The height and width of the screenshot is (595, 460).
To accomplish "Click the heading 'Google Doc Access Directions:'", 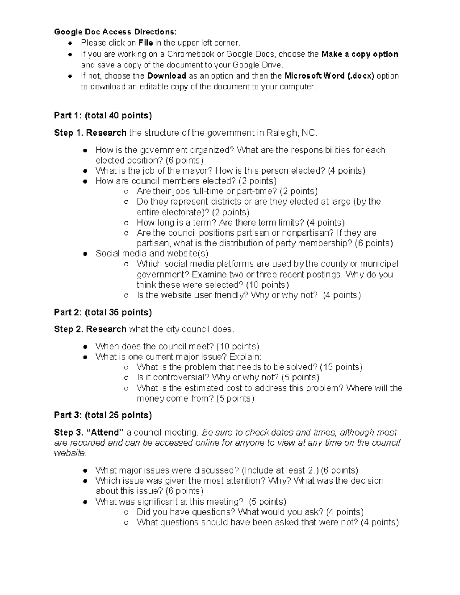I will click(115, 32).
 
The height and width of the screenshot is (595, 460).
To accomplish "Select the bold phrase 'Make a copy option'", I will click(360, 54).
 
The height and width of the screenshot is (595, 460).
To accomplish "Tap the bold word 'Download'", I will click(167, 76).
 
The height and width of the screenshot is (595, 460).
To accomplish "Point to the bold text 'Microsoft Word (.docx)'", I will click(329, 76).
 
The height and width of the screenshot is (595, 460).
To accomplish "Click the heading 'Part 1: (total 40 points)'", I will click(103, 115).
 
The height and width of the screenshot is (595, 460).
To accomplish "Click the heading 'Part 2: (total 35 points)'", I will click(103, 312).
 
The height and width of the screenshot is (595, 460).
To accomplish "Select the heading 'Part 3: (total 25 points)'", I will click(103, 415).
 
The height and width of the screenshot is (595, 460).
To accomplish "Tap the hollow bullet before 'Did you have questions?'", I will click(126, 512).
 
